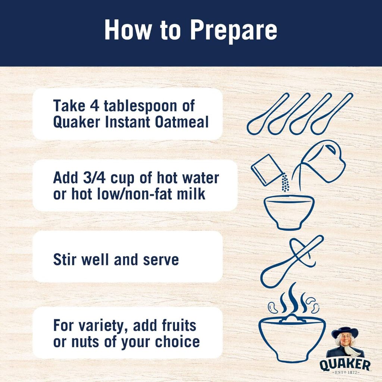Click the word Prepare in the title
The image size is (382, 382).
tap(234, 31)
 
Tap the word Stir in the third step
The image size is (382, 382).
tap(65, 260)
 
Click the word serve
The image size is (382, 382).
tap(161, 260)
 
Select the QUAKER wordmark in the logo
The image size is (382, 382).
tap(345, 364)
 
